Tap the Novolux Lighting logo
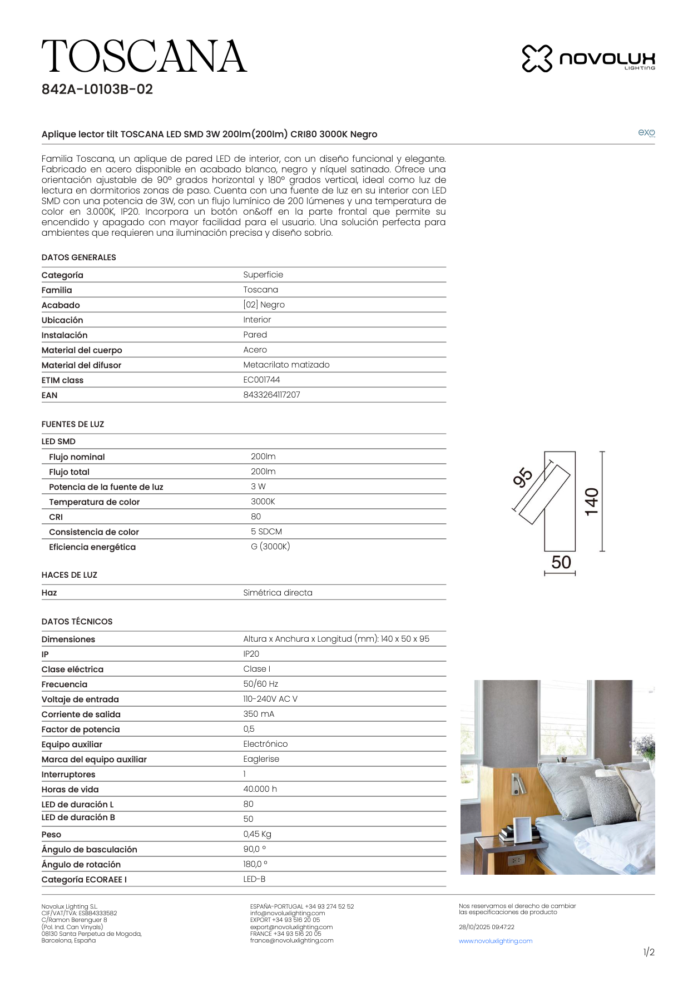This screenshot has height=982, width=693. coord(588,58)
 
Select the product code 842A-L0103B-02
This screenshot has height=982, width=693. coord(97,90)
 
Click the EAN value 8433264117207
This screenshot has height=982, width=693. coord(271,395)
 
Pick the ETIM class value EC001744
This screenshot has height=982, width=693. coord(261,380)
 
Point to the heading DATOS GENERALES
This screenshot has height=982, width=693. coord(79,257)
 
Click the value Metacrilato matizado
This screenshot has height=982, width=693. coord(286,365)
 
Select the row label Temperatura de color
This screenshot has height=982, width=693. coord(94,502)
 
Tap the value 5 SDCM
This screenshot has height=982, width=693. coord(266,532)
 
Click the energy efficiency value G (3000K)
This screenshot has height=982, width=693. coord(270,547)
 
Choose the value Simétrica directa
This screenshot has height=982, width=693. coord(278,593)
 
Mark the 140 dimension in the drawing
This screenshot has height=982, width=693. coord(592,502)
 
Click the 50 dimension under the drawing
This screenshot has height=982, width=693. coord(561,562)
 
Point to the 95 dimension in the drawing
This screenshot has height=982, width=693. coord(523,478)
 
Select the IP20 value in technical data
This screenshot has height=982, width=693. coord(251,654)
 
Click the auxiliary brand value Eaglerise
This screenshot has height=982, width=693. coord(261,759)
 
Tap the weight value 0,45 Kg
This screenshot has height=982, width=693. coord(258,834)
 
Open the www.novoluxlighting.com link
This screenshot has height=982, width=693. coord(496,941)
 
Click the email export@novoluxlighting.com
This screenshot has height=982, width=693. coord(291,927)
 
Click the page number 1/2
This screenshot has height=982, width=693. coord(649,952)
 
